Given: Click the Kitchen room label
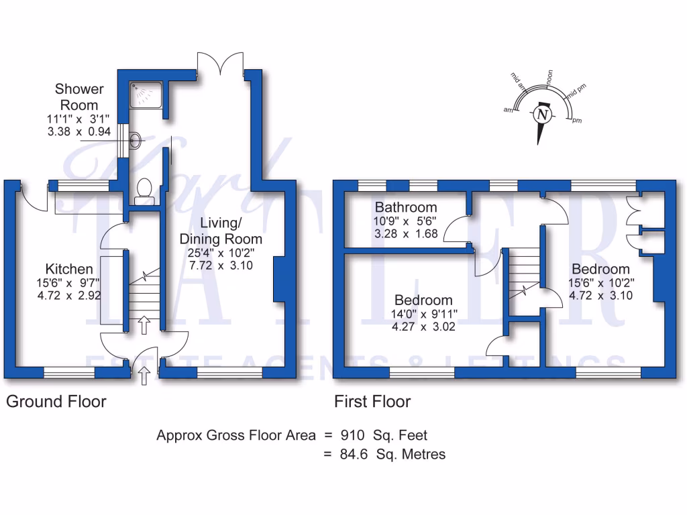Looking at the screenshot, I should point(64,267).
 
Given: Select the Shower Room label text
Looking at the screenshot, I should point(79,97).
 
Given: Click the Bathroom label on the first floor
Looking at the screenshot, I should point(405,207).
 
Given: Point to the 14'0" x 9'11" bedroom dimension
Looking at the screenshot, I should point(423,314).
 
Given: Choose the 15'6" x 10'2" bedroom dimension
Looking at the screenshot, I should point(600,283).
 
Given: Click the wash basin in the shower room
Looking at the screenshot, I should point(135,140).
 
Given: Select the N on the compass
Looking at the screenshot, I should point(542,115).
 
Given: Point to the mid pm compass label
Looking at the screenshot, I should point(576,93).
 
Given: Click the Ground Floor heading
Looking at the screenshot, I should point(56,402).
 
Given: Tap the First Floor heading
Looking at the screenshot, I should point(372,402).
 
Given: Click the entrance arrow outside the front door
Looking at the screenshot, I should point(144,376).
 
